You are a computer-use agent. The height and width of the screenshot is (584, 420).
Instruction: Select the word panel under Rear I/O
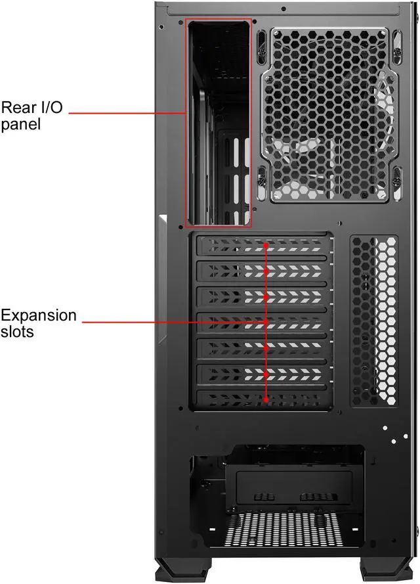[20, 124]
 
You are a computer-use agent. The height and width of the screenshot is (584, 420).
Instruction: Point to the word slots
[18, 332]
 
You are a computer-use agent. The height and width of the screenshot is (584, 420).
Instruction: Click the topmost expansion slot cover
[262, 245]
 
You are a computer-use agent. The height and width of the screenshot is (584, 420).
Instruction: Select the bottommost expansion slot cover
[262, 399]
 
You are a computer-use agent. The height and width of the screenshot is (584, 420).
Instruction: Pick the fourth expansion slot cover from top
[262, 322]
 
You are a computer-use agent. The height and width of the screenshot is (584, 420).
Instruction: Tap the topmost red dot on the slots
[266, 245]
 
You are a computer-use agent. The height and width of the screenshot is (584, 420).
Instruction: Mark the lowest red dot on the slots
[266, 399]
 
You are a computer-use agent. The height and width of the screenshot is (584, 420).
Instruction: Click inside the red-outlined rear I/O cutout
[218, 122]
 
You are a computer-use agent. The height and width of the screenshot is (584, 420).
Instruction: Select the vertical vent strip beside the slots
[374, 320]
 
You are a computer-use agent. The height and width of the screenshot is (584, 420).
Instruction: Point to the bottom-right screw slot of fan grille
[396, 179]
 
